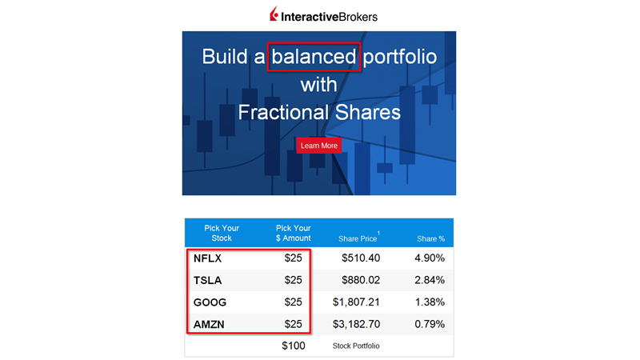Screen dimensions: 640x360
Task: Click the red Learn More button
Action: (318, 146)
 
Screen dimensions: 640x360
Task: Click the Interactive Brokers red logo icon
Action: (274, 14)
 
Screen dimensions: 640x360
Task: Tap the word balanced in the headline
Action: (314, 56)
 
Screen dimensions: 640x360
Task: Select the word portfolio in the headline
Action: (399, 57)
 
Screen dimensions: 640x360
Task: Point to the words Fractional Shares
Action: (319, 112)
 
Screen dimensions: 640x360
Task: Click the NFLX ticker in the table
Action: (207, 258)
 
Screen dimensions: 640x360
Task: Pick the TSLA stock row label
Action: (207, 281)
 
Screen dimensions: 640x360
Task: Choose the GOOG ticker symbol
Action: (210, 302)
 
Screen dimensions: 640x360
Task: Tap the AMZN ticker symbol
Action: (209, 325)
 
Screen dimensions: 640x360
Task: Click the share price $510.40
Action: (361, 258)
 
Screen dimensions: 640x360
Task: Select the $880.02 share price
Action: (361, 280)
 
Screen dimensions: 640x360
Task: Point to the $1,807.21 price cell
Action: (356, 302)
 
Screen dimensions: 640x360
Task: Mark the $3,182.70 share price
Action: (356, 324)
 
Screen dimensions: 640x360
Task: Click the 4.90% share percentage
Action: (430, 258)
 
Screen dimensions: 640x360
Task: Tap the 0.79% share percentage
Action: (430, 324)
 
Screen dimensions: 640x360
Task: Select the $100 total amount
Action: (294, 346)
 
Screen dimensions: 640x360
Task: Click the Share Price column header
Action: (358, 238)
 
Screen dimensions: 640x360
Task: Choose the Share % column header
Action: (430, 238)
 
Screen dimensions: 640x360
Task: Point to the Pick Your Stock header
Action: (222, 233)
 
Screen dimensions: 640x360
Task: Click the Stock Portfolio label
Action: (356, 346)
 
